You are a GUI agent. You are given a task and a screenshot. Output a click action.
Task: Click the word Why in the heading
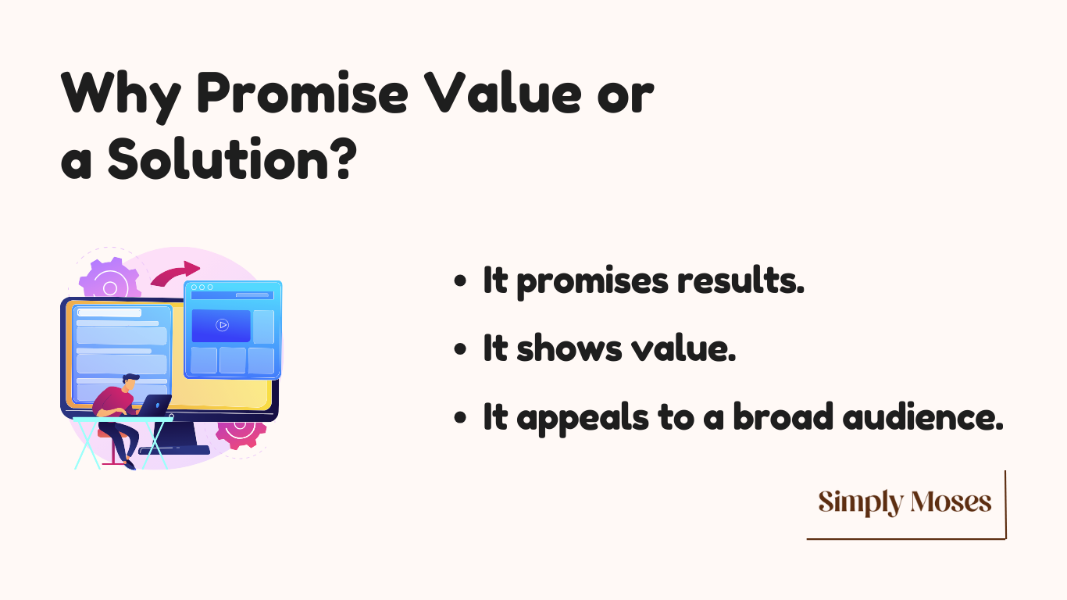pos(121,96)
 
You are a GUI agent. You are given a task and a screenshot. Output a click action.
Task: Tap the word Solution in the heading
pos(218,159)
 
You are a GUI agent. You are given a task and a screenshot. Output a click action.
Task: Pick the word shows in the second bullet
pos(569,348)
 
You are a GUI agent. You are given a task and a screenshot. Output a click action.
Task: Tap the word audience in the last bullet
pos(922,416)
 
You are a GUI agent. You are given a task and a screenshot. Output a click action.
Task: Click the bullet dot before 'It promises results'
pos(460,281)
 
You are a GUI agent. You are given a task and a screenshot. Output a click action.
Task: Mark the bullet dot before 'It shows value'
pos(460,349)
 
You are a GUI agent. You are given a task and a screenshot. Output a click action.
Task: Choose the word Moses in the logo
pos(951,502)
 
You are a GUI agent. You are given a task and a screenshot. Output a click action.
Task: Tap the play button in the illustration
pos(222,325)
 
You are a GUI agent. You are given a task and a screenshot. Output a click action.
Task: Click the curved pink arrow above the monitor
pos(175,273)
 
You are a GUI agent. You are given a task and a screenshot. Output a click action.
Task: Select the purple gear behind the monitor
pos(110,280)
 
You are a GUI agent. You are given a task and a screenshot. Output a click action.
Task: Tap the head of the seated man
pos(130,383)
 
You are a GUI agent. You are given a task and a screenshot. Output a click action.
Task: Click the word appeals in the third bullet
pos(583,418)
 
